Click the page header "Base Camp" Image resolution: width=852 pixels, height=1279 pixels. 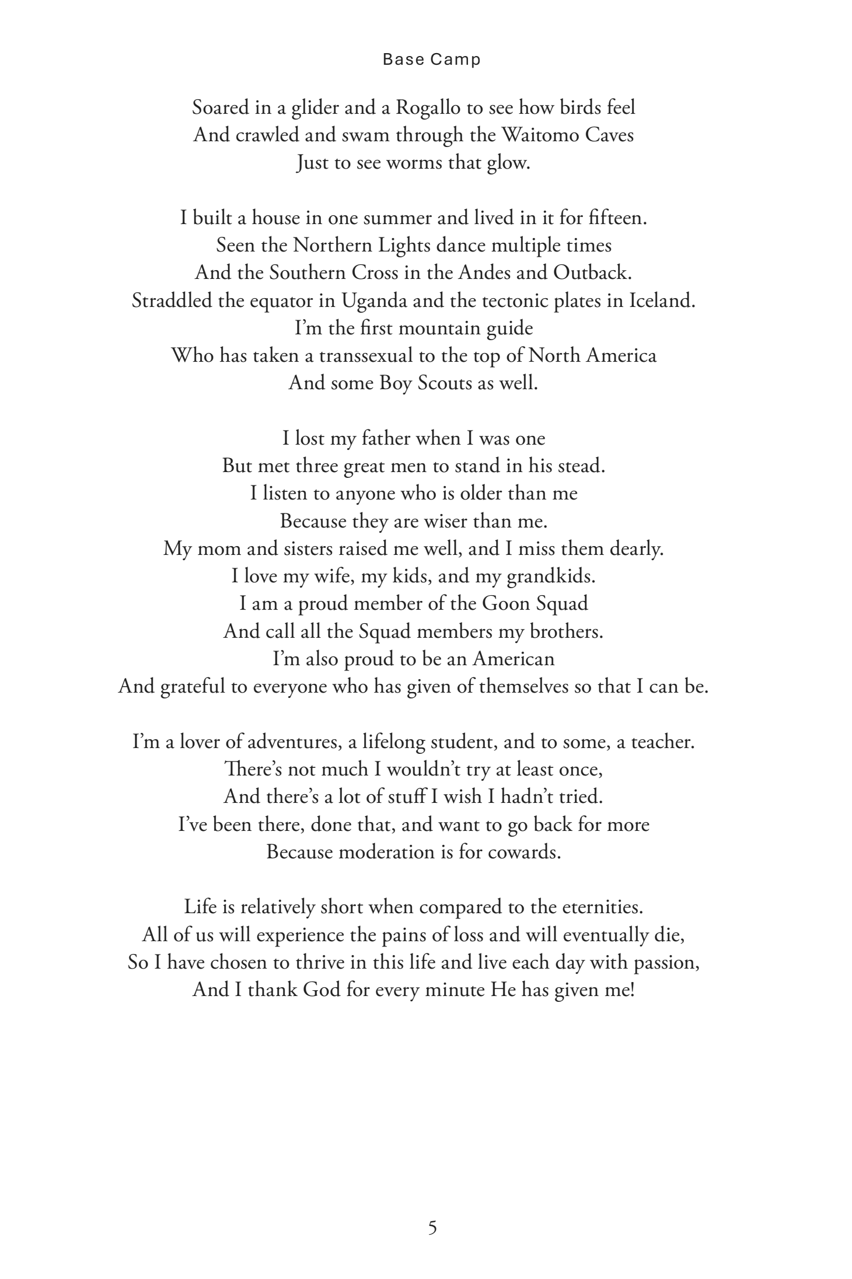coord(431,60)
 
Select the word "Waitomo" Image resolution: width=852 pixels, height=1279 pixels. coord(530,135)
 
